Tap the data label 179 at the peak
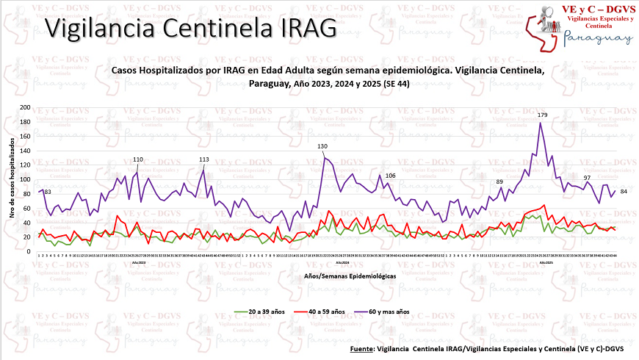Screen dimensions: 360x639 [x=543, y=115]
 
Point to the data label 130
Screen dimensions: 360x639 [x=322, y=147]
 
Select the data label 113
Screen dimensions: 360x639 [x=204, y=159]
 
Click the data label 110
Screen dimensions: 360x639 [x=138, y=159]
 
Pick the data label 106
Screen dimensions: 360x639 [x=390, y=176]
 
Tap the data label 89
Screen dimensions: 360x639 [x=499, y=181]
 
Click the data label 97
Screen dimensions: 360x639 [x=587, y=178]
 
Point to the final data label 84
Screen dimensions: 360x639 [x=623, y=192]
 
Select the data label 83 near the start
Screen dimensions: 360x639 [x=47, y=192]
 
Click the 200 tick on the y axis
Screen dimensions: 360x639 [x=26, y=108]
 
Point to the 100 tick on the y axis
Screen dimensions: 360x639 [x=26, y=180]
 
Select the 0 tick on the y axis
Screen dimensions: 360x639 [x=29, y=252]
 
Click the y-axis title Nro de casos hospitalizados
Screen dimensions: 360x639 [x=12, y=180]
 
